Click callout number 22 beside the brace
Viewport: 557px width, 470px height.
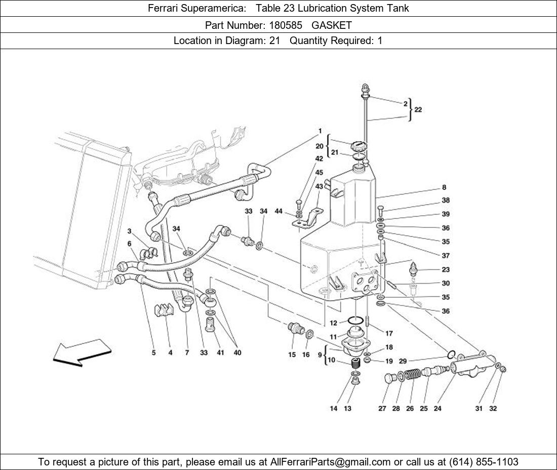[418, 109]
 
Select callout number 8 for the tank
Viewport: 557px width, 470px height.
[444, 187]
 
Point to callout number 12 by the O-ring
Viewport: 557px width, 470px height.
[333, 323]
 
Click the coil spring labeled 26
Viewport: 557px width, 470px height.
[412, 375]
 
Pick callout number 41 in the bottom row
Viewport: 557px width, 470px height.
[220, 352]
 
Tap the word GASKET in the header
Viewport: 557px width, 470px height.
[332, 25]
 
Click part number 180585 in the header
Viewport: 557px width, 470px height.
[286, 25]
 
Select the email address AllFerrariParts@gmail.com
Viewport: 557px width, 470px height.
[330, 462]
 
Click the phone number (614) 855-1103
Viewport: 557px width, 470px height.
[484, 462]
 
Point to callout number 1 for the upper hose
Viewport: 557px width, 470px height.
[320, 131]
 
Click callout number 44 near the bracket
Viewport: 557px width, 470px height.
[278, 211]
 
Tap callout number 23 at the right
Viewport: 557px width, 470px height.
[446, 269]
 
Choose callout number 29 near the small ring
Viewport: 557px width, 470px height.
[403, 361]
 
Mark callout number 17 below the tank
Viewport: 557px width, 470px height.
[389, 333]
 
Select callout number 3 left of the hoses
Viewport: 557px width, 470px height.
[129, 231]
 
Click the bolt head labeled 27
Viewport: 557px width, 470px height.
[390, 378]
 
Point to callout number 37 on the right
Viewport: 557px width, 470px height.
[446, 255]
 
